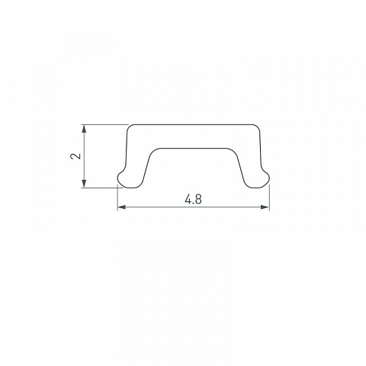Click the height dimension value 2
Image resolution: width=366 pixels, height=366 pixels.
(75, 156)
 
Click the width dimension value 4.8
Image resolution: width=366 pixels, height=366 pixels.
(193, 199)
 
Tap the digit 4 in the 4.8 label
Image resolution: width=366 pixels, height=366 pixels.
(188, 199)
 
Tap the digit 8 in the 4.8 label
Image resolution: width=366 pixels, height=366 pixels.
(198, 199)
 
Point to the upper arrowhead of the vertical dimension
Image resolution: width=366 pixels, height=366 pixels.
(84, 129)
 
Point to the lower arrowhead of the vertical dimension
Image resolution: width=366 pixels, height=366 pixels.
(84, 184)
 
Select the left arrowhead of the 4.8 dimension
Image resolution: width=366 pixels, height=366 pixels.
(121, 207)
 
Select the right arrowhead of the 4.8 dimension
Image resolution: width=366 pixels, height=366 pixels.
(265, 207)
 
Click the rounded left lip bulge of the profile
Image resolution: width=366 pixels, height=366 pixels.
(121, 176)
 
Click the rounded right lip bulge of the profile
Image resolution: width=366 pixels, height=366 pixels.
(265, 176)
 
